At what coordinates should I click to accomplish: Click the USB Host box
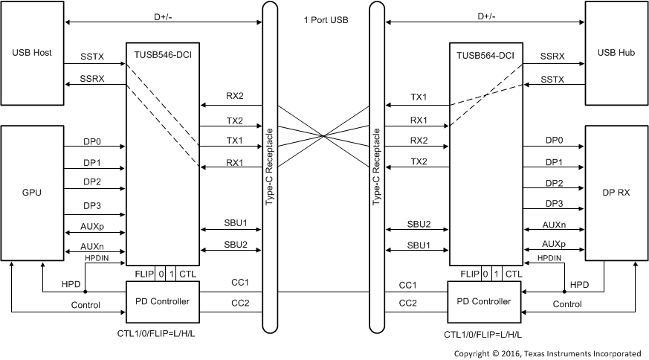click(32, 54)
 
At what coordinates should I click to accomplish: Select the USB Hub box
click(616, 54)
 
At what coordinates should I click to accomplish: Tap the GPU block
click(32, 192)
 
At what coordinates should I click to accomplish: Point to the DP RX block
click(616, 192)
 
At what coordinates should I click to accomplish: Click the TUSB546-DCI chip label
click(162, 53)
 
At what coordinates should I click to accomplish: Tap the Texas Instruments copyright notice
click(548, 353)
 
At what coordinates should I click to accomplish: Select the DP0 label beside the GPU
click(92, 140)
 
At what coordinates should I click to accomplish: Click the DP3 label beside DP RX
click(554, 204)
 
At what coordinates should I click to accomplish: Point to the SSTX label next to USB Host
click(94, 57)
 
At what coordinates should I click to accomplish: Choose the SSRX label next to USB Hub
click(552, 57)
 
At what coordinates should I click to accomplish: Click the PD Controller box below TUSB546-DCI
click(162, 301)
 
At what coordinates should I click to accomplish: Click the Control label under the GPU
click(85, 305)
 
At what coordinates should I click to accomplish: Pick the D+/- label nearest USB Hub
click(485, 15)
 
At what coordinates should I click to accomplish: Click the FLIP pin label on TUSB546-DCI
click(143, 274)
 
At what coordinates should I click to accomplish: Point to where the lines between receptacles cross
click(323, 135)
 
